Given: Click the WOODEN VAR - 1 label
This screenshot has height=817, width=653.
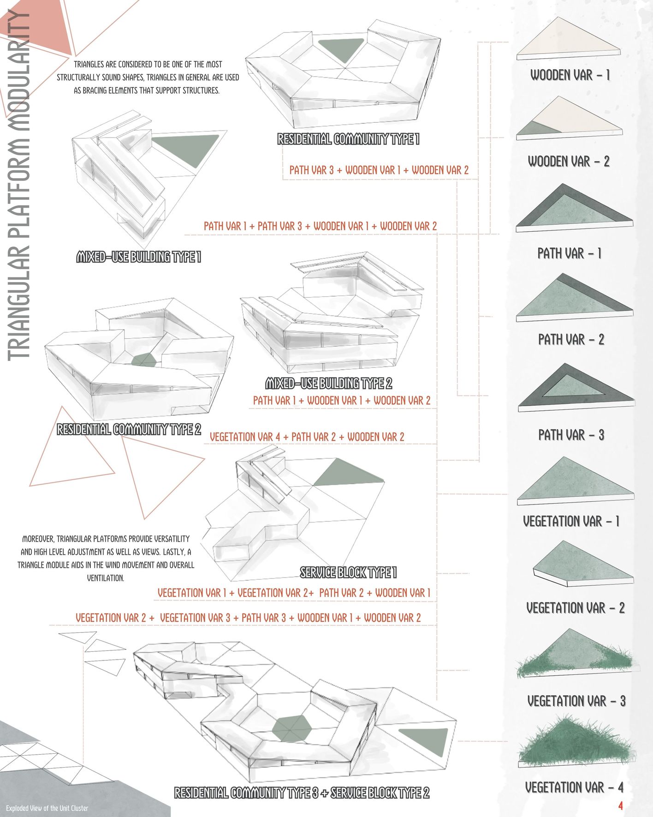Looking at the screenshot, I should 570,75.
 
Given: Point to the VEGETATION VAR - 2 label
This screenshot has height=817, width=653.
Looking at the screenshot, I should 575,608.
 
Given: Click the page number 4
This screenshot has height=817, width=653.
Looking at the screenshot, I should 620,806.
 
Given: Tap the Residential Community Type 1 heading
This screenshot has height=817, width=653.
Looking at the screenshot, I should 348,139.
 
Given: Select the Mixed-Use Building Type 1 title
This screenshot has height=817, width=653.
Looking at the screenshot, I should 138,257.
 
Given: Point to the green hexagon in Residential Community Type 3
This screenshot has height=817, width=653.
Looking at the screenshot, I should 292,728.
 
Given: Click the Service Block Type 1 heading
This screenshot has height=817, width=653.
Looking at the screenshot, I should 348,573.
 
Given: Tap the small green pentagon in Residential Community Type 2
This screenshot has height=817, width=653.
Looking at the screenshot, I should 145,360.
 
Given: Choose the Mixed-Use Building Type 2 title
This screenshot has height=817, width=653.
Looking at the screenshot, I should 328,383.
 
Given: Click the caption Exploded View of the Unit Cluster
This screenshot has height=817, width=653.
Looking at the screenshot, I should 47,808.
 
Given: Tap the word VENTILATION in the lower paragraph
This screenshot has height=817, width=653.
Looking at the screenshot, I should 106,578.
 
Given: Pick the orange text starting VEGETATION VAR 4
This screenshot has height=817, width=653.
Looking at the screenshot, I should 307,437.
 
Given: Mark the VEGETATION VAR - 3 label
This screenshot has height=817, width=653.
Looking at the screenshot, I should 576,701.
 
